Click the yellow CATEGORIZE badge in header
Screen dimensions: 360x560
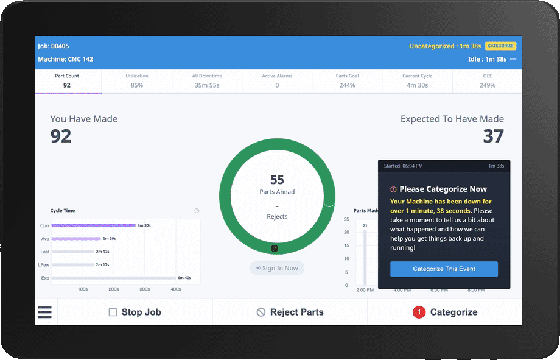click(x=500, y=46)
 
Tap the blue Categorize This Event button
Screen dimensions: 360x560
click(x=444, y=269)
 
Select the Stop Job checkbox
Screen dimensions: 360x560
click(x=113, y=312)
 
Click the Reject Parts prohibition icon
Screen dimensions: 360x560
click(x=261, y=312)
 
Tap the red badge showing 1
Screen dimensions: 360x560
click(x=419, y=312)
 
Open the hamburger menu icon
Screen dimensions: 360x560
click(x=45, y=312)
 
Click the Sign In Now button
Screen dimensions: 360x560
click(x=277, y=268)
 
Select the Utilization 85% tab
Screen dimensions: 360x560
click(x=137, y=81)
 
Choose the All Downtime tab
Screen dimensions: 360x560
click(x=207, y=81)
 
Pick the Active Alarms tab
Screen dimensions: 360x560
click(x=277, y=81)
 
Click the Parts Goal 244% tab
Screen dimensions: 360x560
click(x=347, y=81)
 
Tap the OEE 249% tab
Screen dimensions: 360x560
click(x=487, y=81)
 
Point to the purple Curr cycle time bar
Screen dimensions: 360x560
click(x=93, y=225)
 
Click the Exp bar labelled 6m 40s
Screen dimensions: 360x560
click(x=113, y=278)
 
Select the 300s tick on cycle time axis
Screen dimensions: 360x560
click(x=145, y=289)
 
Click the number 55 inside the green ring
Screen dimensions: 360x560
click(x=277, y=180)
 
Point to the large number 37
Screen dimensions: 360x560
click(x=493, y=136)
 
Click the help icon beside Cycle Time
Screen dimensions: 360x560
click(x=197, y=211)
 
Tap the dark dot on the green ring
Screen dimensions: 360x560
click(x=275, y=249)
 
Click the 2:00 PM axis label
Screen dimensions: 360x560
click(x=365, y=290)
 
